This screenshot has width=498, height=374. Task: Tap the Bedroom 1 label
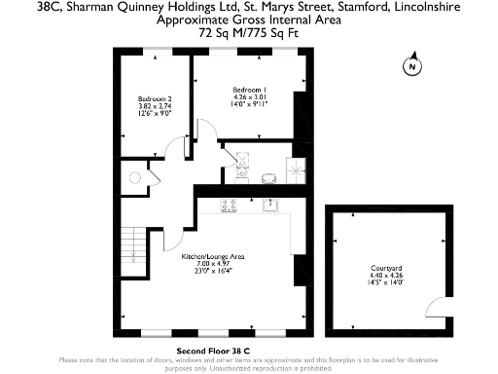point(250,90)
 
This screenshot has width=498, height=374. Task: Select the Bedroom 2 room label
point(155,99)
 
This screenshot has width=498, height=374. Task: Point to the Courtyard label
point(386,267)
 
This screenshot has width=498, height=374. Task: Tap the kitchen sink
point(273,205)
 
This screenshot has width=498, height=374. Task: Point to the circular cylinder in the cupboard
point(133,177)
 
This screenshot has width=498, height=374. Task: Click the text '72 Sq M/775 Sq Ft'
point(248,32)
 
